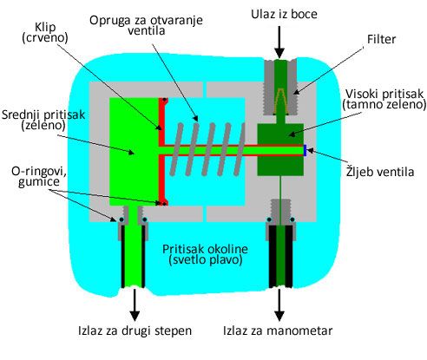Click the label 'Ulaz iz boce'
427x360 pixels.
click(x=284, y=14)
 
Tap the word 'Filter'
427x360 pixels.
click(x=381, y=39)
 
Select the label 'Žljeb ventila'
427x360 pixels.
click(x=380, y=171)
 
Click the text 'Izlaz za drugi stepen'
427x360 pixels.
click(x=135, y=331)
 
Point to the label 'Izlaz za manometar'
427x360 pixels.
click(x=278, y=331)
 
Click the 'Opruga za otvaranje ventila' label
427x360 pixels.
click(x=146, y=25)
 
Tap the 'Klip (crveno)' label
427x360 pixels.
click(x=45, y=32)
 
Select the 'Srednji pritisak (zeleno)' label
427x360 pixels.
click(x=43, y=120)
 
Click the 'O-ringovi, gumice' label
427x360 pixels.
click(x=39, y=177)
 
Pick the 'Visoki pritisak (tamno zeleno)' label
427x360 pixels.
click(x=384, y=100)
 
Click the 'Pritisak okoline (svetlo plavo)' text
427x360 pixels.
click(x=205, y=254)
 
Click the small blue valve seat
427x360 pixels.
click(x=305, y=150)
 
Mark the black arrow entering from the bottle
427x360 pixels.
click(x=279, y=42)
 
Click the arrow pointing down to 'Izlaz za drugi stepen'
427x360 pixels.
click(x=135, y=304)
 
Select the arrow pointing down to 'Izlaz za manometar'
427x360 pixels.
click(x=279, y=304)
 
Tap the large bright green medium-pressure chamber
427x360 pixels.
click(x=134, y=152)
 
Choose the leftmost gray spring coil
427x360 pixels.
click(x=176, y=149)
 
